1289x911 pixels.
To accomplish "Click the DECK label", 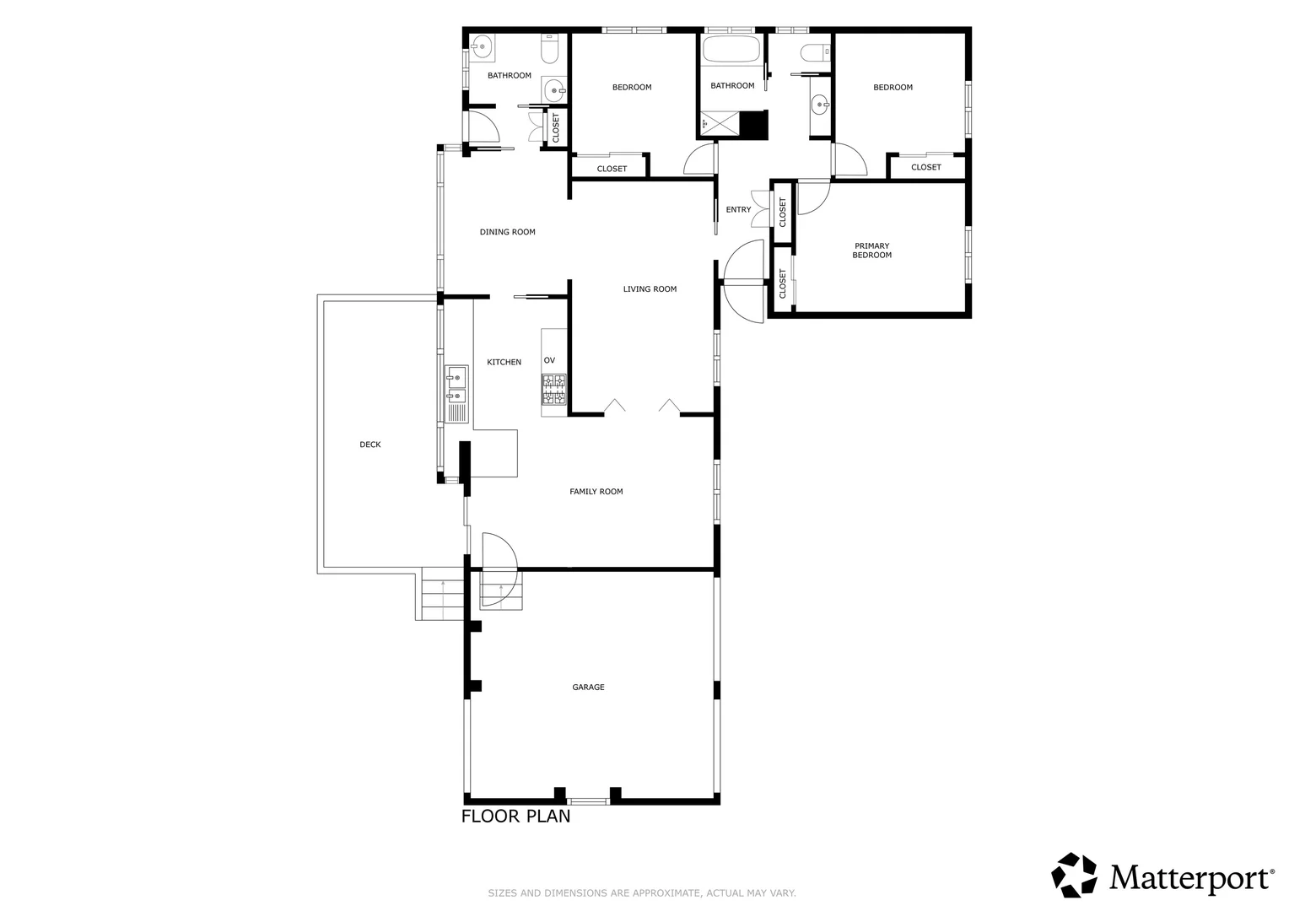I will [369, 445].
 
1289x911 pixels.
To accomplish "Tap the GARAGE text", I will [588, 687].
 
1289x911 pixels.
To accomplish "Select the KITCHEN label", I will [504, 362].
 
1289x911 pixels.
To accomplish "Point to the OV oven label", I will [549, 360].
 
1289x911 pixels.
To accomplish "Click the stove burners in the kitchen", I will [554, 389].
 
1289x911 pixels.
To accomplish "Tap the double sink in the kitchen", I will [456, 385].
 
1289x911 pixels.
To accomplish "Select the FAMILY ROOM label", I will [596, 492].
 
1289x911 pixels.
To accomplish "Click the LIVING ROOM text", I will [650, 289].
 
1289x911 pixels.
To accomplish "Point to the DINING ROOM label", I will [507, 232].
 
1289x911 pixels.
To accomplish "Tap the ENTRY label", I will [738, 210].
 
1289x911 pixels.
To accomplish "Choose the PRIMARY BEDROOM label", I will [871, 251].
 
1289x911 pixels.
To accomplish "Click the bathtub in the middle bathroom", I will [731, 50].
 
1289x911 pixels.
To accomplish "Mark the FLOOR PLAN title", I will [515, 817].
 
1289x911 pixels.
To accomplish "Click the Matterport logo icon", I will [1074, 875].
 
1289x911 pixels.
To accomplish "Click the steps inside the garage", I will [501, 589].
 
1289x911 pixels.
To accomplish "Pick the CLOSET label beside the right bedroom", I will [925, 167].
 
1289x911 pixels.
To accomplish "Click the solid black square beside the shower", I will [752, 124].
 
